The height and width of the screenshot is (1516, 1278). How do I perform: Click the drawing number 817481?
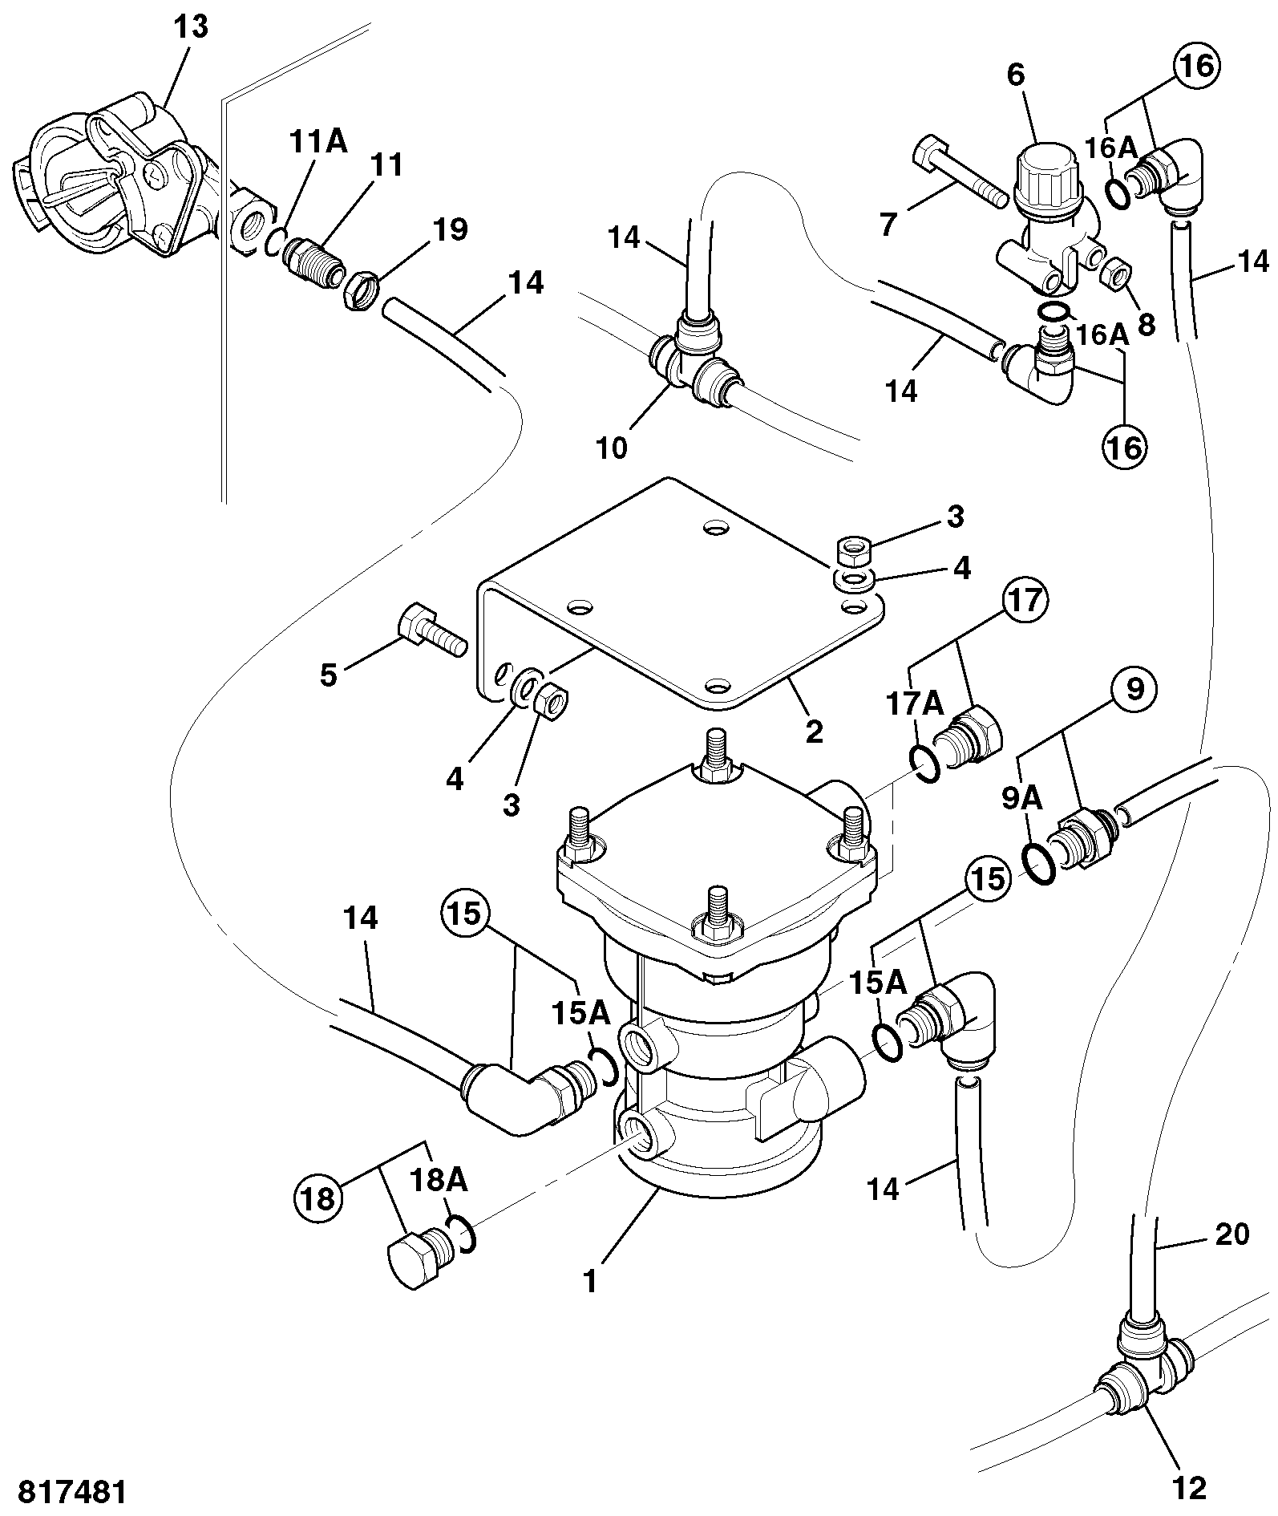(x=72, y=1492)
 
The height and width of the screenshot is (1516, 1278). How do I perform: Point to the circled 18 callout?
(x=319, y=1200)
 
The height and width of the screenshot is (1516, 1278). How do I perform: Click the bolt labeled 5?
(x=431, y=632)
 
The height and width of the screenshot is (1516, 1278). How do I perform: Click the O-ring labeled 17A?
(x=926, y=762)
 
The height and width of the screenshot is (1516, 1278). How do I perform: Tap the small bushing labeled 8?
(x=1117, y=274)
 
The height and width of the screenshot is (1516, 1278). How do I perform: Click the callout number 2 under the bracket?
(x=814, y=731)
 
